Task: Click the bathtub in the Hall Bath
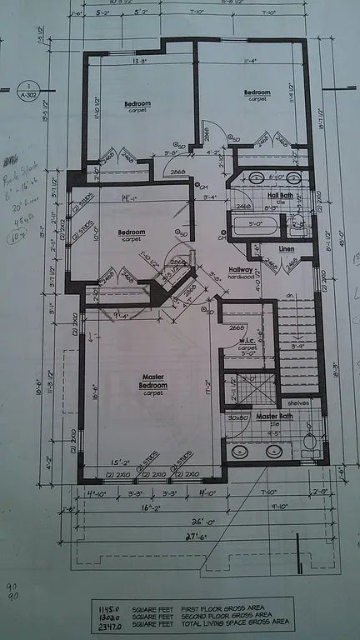click(253, 226)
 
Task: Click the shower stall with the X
click(248, 388)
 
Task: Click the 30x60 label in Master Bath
click(239, 417)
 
